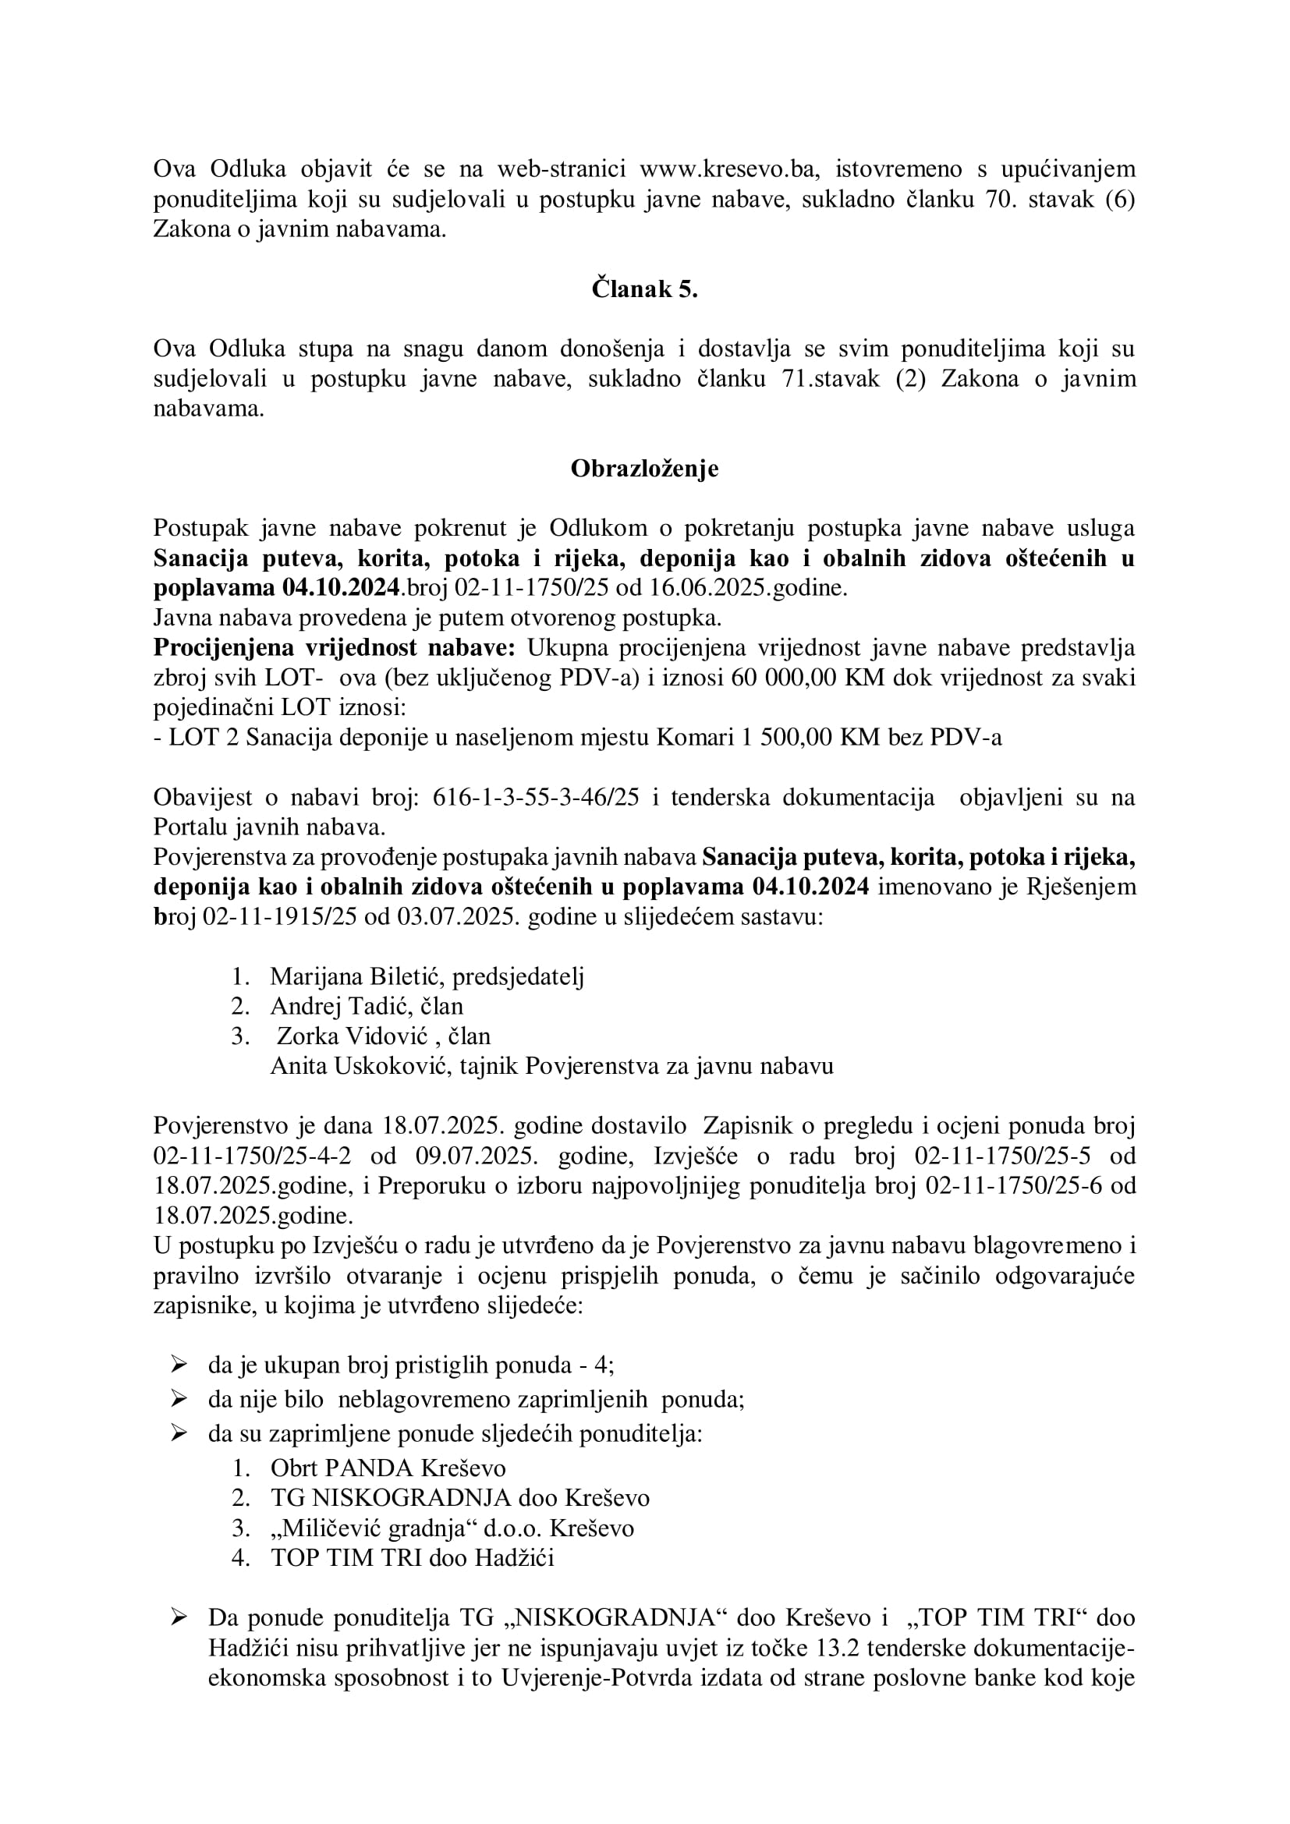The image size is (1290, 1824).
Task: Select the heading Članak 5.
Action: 644,289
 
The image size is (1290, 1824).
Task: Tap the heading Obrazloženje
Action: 644,469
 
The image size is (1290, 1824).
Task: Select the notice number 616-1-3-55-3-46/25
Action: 536,798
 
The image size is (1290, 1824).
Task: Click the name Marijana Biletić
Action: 357,976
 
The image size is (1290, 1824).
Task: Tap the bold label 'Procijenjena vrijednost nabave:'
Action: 335,648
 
